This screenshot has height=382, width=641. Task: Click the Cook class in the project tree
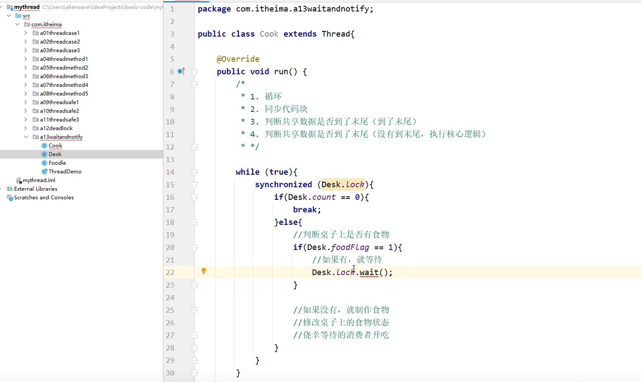click(x=55, y=145)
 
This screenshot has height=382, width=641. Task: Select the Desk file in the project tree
click(x=55, y=154)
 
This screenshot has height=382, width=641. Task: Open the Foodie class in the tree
click(x=57, y=163)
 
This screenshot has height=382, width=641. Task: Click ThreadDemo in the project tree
click(x=65, y=171)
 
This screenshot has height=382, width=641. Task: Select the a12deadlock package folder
click(x=56, y=128)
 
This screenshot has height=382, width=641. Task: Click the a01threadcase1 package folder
click(x=59, y=33)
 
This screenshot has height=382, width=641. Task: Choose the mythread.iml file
click(x=38, y=180)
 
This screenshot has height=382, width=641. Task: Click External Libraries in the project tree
click(x=35, y=189)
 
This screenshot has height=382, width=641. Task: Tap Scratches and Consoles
click(x=44, y=197)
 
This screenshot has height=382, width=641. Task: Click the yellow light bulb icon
click(x=204, y=271)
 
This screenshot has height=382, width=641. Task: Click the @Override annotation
click(x=238, y=59)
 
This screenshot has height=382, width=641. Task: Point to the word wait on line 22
click(x=369, y=272)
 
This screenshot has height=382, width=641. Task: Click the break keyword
click(x=307, y=210)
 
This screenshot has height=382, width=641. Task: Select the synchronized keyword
click(x=283, y=185)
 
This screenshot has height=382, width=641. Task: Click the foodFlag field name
click(x=350, y=247)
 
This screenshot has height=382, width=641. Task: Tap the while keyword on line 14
click(x=247, y=172)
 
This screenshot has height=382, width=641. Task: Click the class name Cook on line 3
click(x=269, y=34)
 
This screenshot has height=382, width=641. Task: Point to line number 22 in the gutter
click(x=170, y=273)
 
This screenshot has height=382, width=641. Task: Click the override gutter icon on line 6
click(x=181, y=71)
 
